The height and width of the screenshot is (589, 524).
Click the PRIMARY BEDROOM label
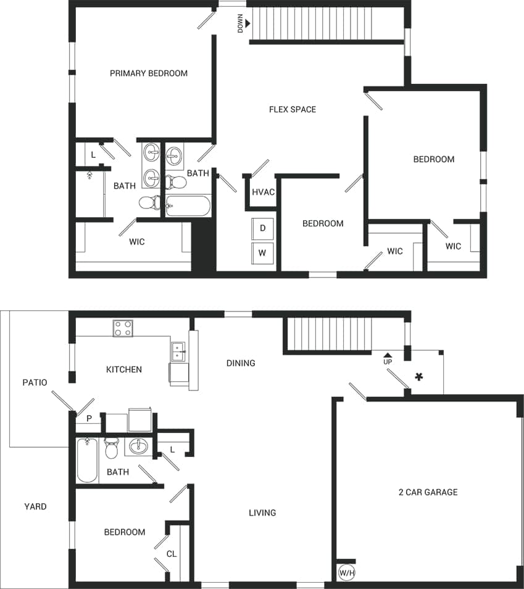(149, 73)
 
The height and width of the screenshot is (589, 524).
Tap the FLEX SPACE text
(293, 110)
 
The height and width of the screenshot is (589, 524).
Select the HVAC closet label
(263, 192)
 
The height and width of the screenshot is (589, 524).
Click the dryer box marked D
(263, 228)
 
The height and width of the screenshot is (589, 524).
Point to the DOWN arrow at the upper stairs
(246, 23)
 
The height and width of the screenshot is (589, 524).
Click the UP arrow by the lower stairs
(388, 355)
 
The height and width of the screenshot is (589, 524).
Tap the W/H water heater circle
(347, 573)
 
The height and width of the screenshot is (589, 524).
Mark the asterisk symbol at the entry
(420, 376)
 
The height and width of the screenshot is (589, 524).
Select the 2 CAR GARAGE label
(428, 492)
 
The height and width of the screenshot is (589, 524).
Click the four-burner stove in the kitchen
(123, 328)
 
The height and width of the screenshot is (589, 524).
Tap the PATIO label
(35, 382)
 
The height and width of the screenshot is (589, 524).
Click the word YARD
(35, 506)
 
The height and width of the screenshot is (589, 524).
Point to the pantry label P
(89, 418)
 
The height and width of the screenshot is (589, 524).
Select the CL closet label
(172, 554)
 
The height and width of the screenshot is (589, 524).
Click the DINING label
(241, 363)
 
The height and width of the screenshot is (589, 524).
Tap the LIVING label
(262, 513)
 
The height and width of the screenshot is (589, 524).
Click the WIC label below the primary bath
(137, 242)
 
